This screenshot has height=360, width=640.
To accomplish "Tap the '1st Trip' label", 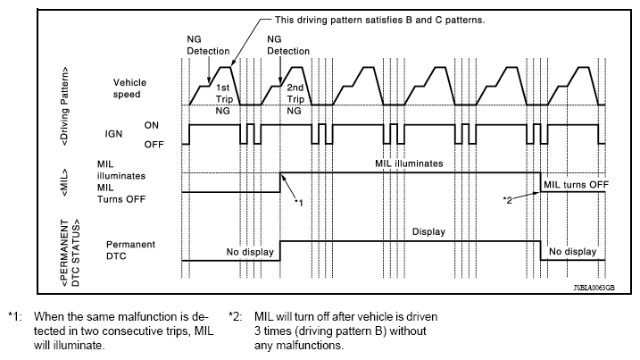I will [225, 93].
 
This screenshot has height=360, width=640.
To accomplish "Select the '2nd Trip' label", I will [295, 93].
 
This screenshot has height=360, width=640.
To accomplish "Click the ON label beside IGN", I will [151, 125].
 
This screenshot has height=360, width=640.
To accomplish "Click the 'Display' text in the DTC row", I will [428, 231].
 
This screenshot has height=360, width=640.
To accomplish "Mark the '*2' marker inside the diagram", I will [507, 197].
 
